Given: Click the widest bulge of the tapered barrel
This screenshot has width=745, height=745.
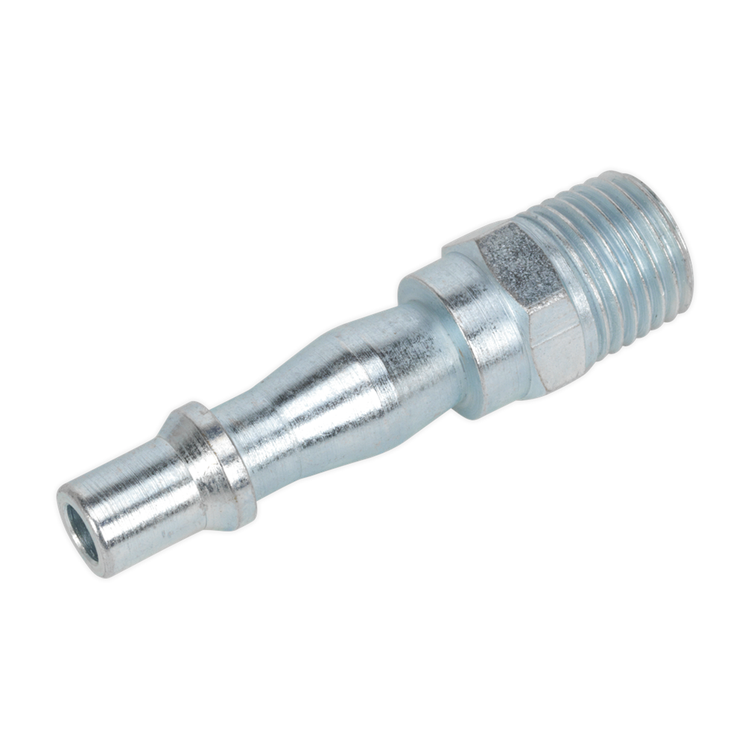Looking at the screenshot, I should coord(350,387).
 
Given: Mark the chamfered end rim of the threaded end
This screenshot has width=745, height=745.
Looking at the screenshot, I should coord(682,246).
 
